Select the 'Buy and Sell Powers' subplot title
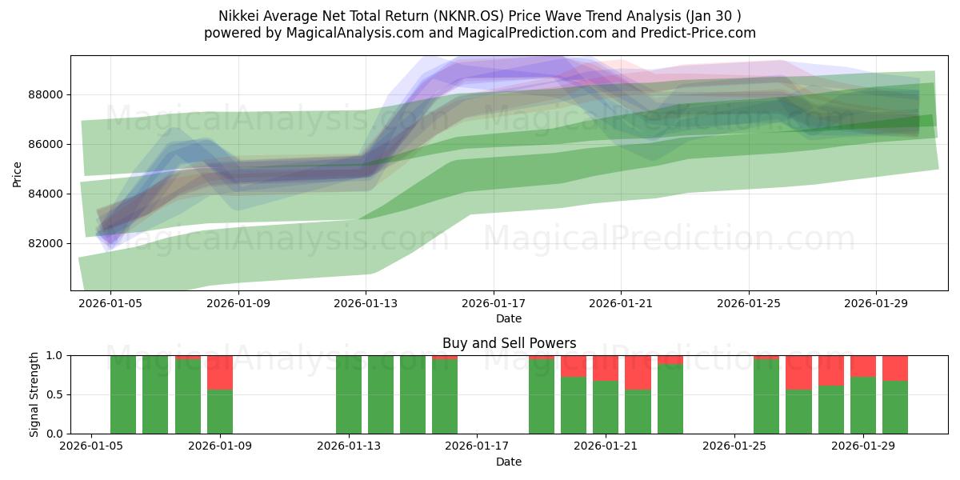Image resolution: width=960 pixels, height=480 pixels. (509, 343)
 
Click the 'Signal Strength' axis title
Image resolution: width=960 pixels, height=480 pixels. (34, 394)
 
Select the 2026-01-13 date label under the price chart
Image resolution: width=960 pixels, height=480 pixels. (366, 304)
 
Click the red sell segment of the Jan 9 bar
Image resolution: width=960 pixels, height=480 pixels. (220, 372)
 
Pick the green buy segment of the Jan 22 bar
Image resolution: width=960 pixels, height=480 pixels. (638, 412)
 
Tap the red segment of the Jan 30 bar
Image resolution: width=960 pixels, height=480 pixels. (895, 367)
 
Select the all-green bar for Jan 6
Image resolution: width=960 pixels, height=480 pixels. (123, 394)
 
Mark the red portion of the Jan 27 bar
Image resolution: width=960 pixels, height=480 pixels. (798, 372)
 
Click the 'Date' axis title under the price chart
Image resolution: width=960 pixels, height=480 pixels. (509, 318)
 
